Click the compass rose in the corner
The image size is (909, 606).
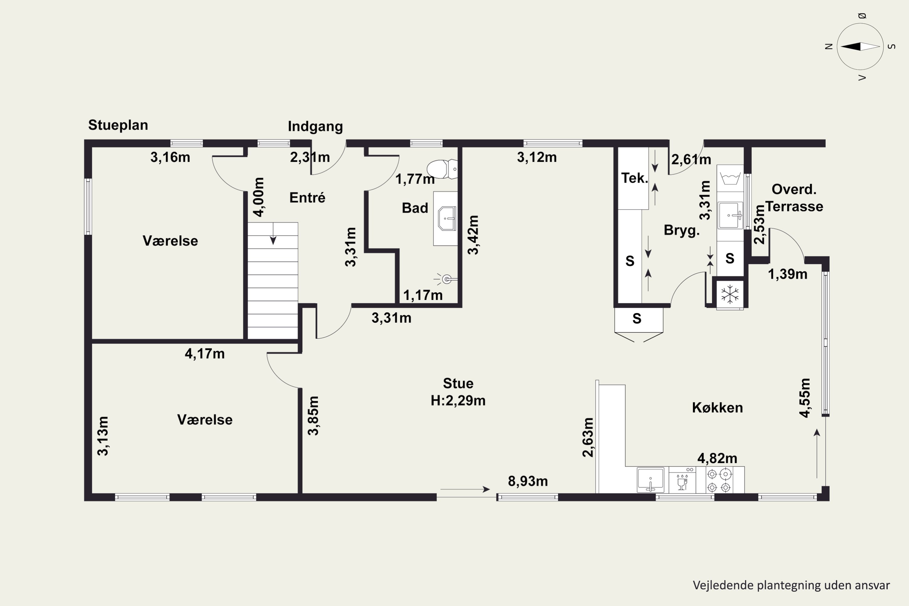pos(860,46)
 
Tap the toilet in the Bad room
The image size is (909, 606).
pos(442,169)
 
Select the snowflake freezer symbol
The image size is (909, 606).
pos(730,295)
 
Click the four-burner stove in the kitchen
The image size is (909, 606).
pos(719,480)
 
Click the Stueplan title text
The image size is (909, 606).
pos(118,125)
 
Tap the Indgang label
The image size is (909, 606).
pos(315,126)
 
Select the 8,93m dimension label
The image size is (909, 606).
pos(528,481)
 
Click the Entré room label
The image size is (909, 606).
pos(307,198)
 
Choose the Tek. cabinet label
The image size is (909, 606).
pos(634,178)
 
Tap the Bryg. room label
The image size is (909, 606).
pos(682,230)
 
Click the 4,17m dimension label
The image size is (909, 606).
pos(205,354)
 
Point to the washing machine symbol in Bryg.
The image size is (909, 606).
pos(730,178)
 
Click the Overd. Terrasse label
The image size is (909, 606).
pos(794,198)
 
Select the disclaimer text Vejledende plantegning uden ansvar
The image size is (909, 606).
pos(791,585)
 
